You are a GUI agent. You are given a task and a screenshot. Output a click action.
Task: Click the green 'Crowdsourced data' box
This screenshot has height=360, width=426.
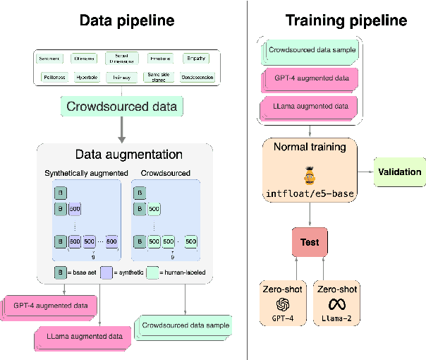(x=121, y=107)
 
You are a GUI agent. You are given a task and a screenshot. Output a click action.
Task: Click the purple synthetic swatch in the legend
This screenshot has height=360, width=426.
(x=108, y=272)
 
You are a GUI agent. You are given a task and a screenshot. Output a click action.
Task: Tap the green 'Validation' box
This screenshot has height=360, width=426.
(x=399, y=172)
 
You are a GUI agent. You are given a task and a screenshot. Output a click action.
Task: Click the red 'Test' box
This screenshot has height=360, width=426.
(x=310, y=242)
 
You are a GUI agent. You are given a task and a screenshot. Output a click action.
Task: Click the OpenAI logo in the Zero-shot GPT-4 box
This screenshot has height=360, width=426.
(x=281, y=304)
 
